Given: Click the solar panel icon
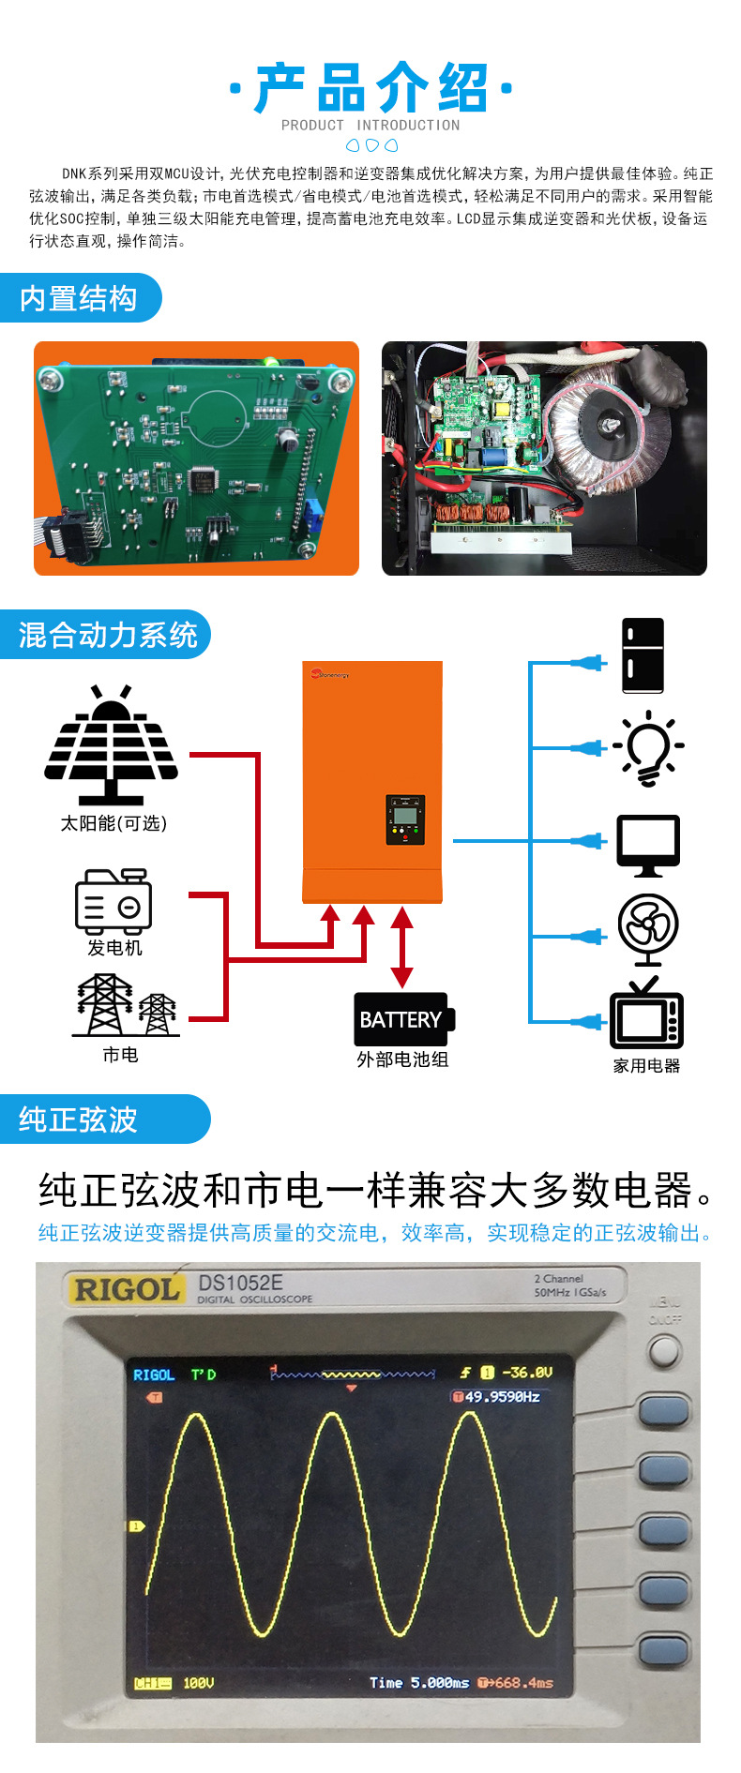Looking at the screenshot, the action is pyautogui.click(x=111, y=745).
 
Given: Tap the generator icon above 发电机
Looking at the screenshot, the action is pyautogui.click(x=113, y=901).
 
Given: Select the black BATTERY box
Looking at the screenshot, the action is pyautogui.click(x=402, y=1019).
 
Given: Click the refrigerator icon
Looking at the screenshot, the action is pyautogui.click(x=643, y=655).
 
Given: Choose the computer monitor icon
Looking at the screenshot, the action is pyautogui.click(x=648, y=845).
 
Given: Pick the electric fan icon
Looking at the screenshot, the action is pyautogui.click(x=648, y=929).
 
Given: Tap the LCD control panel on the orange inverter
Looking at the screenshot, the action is pyautogui.click(x=405, y=819).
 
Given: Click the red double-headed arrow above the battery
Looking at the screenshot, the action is pyautogui.click(x=401, y=947).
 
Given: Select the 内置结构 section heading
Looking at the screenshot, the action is pyautogui.click(x=79, y=298).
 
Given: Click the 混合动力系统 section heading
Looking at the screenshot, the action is pyautogui.click(x=107, y=635).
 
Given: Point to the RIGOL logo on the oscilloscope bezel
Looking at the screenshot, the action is pyautogui.click(x=127, y=1289).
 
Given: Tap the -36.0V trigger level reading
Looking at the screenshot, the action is pyautogui.click(x=526, y=1372).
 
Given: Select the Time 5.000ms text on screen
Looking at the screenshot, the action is pyautogui.click(x=418, y=1682).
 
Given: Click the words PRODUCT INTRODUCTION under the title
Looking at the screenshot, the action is pyautogui.click(x=370, y=125).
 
